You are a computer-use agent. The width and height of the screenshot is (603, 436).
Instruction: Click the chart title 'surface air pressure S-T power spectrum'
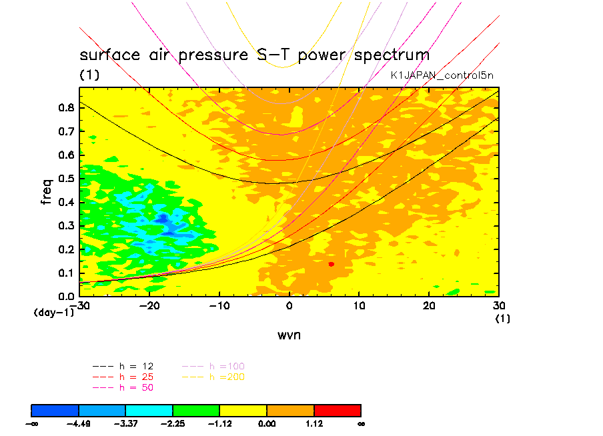(x=254, y=55)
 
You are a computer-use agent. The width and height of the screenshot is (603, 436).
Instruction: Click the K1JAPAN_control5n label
(x=442, y=75)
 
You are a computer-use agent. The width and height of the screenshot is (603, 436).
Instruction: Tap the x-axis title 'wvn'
(x=289, y=335)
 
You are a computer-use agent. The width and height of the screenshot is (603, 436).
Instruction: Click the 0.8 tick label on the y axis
(x=66, y=108)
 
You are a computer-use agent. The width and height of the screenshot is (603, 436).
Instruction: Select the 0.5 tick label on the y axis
(x=66, y=179)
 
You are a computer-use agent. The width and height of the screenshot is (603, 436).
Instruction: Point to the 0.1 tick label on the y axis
(x=66, y=273)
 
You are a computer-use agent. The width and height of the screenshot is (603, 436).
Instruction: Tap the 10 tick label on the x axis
(x=359, y=306)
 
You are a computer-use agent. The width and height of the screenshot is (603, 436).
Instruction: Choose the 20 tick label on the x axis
(x=429, y=306)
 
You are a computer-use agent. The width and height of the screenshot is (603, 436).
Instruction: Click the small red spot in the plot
(x=331, y=264)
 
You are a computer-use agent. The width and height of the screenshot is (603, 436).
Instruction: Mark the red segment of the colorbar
(x=337, y=410)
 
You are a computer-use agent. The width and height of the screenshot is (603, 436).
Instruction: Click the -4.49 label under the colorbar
(x=79, y=423)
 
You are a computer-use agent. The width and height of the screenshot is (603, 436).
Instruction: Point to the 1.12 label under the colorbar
(x=314, y=423)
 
